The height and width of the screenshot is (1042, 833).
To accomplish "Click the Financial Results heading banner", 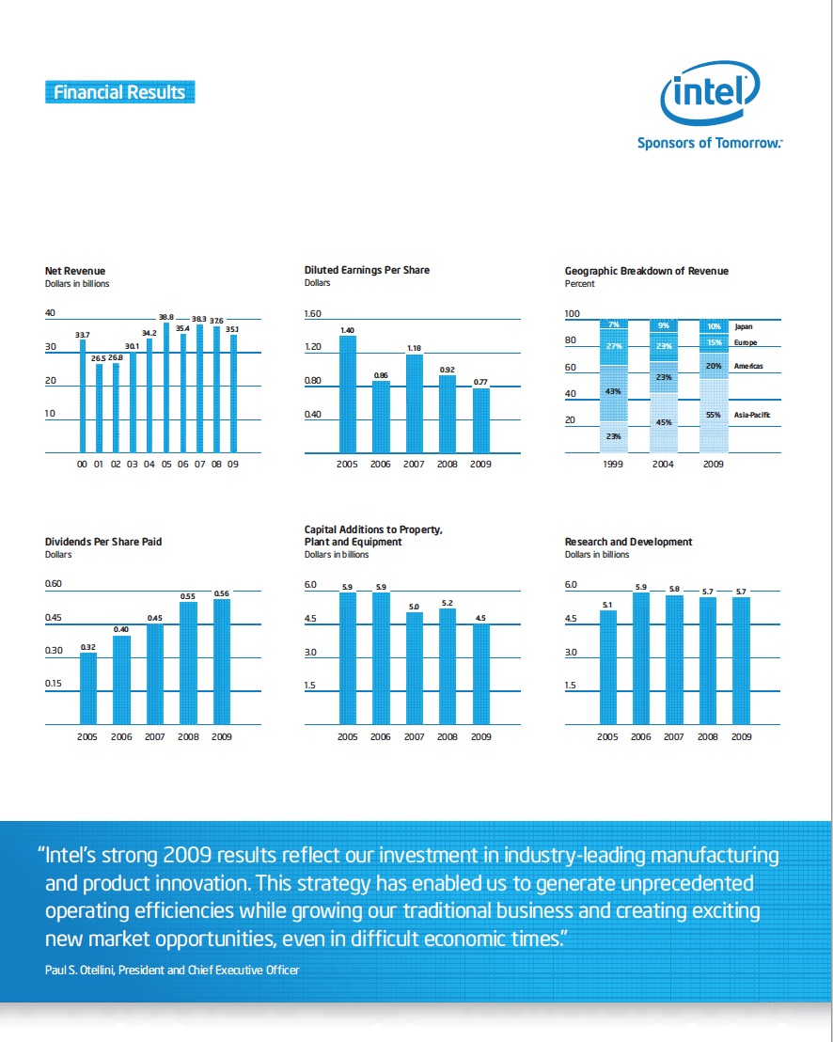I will tap(119, 92).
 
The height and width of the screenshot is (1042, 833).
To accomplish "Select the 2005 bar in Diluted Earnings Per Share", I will tap(348, 394).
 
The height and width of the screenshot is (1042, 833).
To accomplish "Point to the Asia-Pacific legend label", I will tap(752, 415).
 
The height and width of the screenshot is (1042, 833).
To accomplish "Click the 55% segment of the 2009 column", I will tap(714, 415).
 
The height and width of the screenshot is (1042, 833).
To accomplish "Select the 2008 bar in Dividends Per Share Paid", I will tap(188, 663).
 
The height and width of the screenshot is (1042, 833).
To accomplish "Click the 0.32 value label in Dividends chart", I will tap(88, 647).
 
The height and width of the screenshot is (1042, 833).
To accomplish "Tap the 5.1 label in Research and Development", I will tap(607, 605).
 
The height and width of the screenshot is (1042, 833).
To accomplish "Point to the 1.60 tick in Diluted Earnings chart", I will tap(313, 314).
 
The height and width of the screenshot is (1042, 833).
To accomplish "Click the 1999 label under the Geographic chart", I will tap(613, 465).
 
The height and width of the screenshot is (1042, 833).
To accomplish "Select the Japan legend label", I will tap(743, 326).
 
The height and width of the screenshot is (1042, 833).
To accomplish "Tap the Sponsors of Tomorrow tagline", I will tap(710, 143).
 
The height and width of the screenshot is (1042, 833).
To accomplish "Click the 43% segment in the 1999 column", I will tap(613, 391).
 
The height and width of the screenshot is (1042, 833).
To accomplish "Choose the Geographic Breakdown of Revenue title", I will tap(646, 271).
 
